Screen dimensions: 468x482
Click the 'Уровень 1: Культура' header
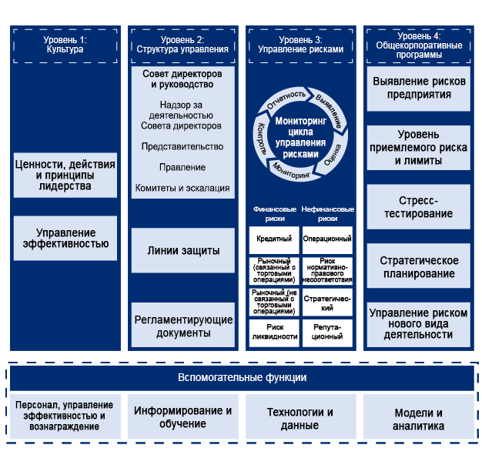65,44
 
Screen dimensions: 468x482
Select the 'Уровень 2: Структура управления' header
182,44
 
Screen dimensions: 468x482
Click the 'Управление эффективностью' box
65,239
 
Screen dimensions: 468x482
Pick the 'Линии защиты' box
183,250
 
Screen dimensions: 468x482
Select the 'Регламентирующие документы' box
183,326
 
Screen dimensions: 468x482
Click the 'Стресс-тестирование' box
417,207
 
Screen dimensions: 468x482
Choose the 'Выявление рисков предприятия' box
417,88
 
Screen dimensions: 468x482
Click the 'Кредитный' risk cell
274,239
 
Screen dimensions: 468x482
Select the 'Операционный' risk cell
328,239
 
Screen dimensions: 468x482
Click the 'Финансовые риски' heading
274,213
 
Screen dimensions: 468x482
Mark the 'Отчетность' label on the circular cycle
286,102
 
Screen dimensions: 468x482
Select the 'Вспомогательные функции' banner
242,378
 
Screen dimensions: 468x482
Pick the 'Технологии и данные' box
300,418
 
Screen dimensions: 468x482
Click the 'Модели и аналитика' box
418,418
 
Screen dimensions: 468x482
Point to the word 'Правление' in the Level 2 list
182,167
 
